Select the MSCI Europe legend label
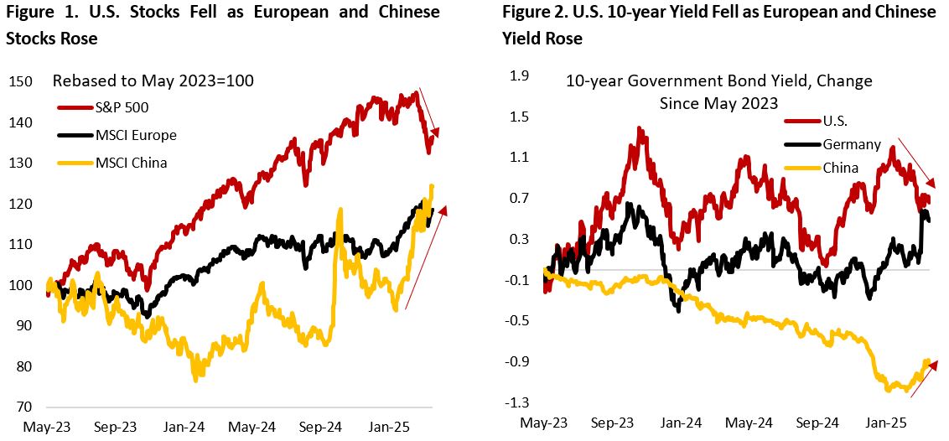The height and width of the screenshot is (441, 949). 117,135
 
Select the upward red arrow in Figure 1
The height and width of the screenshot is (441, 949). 426,258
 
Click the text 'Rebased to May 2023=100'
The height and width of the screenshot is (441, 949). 153,81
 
